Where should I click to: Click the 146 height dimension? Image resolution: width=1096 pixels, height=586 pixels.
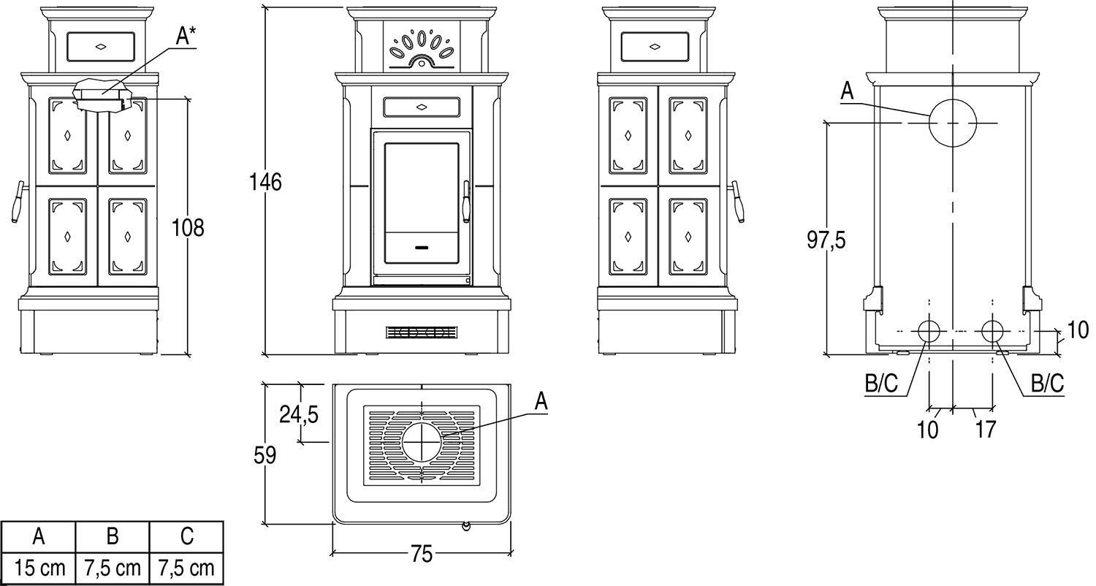tap(265, 181)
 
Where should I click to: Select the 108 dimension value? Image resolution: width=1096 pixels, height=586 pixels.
tap(188, 227)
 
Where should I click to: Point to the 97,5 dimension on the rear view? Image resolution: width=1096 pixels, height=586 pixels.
tap(826, 239)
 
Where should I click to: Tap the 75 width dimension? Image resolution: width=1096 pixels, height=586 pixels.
tap(422, 555)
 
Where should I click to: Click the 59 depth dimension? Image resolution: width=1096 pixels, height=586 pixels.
tap(265, 455)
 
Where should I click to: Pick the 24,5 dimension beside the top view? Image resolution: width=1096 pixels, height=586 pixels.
tap(298, 414)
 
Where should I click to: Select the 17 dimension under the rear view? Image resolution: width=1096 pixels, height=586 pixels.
tap(985, 429)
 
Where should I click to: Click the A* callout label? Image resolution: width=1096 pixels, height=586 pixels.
tap(186, 37)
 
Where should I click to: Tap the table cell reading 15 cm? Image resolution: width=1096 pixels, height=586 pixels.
tap(39, 568)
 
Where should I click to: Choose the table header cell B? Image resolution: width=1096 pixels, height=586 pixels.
tap(113, 536)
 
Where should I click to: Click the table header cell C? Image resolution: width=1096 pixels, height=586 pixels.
tap(186, 536)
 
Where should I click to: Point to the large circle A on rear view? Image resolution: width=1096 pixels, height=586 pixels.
tap(952, 123)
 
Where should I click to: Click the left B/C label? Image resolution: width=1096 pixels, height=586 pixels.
tap(881, 384)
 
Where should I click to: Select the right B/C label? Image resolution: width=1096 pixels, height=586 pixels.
tap(1046, 384)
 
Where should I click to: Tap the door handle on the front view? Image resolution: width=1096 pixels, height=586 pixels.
tap(466, 201)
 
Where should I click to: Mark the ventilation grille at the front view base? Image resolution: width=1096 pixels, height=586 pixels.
tap(422, 333)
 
